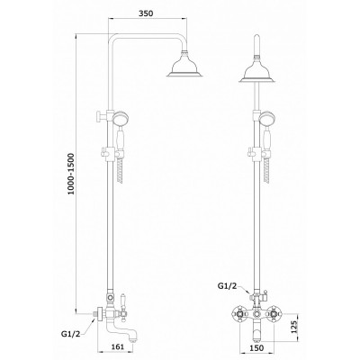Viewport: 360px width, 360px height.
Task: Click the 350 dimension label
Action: point(146,13)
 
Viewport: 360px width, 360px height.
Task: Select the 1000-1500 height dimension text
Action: point(70,174)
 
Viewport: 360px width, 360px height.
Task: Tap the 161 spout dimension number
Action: point(118,347)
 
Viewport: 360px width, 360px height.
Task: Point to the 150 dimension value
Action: point(256,347)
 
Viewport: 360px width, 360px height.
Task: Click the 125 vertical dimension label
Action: point(294,328)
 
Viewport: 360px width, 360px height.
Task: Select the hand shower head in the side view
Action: point(120,118)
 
